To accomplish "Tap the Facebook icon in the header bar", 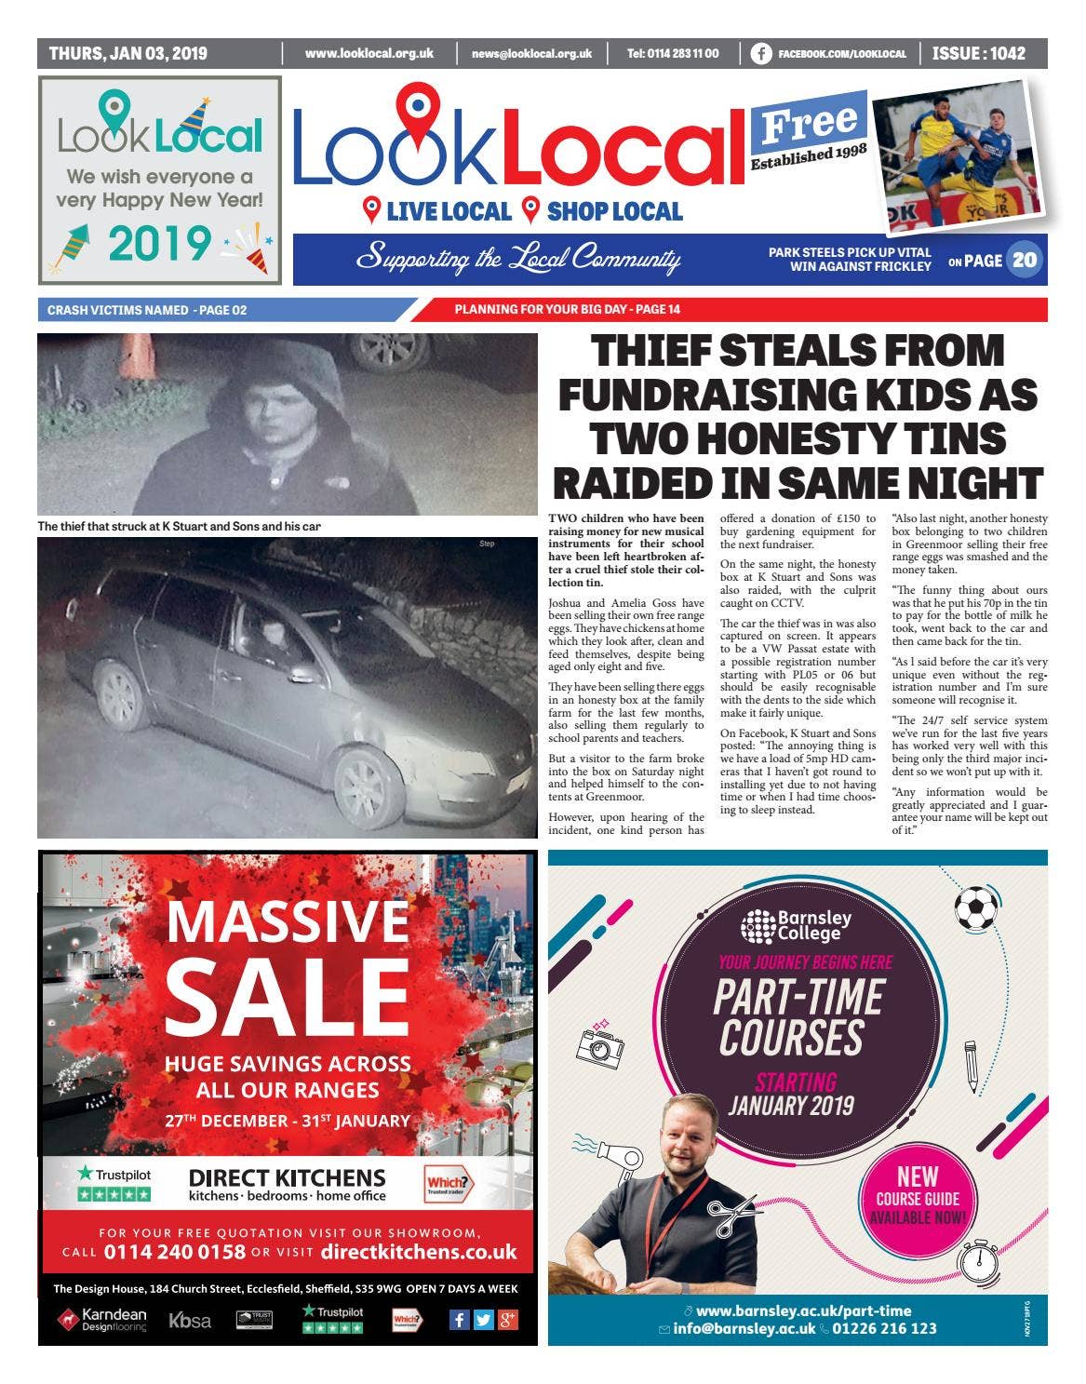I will pyautogui.click(x=760, y=54).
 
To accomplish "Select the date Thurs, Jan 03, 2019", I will pyautogui.click(x=128, y=53).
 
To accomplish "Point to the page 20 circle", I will pyautogui.click(x=1025, y=261).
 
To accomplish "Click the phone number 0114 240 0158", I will pyautogui.click(x=175, y=1251).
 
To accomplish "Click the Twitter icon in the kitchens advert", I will pyautogui.click(x=483, y=1319).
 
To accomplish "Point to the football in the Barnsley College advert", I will pyautogui.click(x=974, y=907).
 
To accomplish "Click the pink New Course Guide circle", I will pyautogui.click(x=918, y=1196).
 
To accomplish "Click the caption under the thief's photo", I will pyautogui.click(x=179, y=527).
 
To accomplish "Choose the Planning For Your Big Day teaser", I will pyautogui.click(x=567, y=310).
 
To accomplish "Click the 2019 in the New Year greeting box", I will pyautogui.click(x=159, y=244).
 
